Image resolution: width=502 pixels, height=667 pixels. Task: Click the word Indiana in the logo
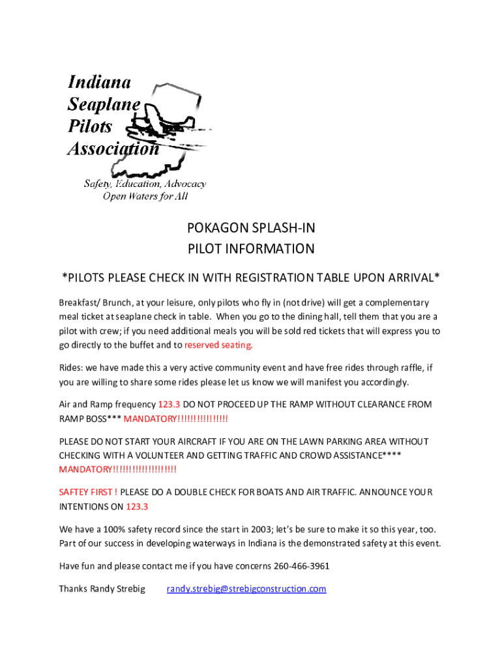(100, 83)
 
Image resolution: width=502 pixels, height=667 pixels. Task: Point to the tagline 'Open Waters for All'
(145, 197)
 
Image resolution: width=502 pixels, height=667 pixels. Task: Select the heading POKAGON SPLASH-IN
(251, 228)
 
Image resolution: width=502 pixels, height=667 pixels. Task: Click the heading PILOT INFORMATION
(251, 249)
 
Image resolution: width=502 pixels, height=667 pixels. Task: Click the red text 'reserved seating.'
(218, 345)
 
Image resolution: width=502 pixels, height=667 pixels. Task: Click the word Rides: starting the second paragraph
(71, 367)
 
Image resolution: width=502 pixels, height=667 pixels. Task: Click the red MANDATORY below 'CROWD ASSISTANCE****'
(85, 469)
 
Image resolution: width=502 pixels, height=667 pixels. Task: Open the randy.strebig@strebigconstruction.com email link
(246, 589)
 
